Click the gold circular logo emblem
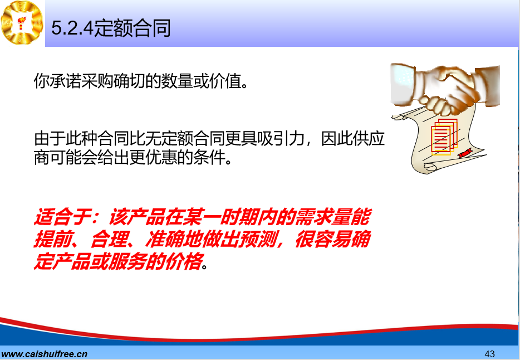click(x=22, y=22)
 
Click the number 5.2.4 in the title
click(x=72, y=28)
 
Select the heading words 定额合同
click(x=133, y=28)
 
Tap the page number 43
click(x=489, y=354)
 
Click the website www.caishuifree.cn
click(x=44, y=354)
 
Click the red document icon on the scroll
click(x=444, y=137)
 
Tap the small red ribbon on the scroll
click(x=465, y=153)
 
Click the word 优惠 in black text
click(x=161, y=157)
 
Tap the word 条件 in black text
click(x=209, y=157)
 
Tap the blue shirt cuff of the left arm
click(x=403, y=83)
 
